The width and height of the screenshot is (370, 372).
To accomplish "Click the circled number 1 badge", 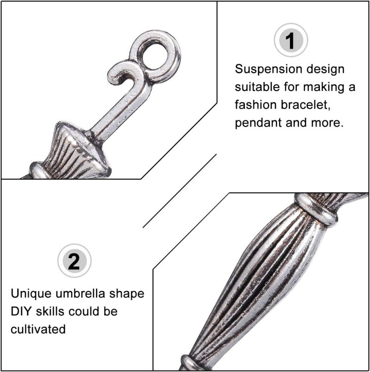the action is [291, 40].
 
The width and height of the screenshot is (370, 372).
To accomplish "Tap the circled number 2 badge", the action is [74, 260].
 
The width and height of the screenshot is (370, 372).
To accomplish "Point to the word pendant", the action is [258, 123].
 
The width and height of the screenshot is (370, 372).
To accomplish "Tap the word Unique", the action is [31, 294].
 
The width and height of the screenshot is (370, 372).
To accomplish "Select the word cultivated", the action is [38, 329].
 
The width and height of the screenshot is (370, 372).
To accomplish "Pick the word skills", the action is [50, 311].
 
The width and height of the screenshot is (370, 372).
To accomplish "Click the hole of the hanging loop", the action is [155, 56].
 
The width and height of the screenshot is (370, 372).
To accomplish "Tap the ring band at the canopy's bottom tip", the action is [190, 363].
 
